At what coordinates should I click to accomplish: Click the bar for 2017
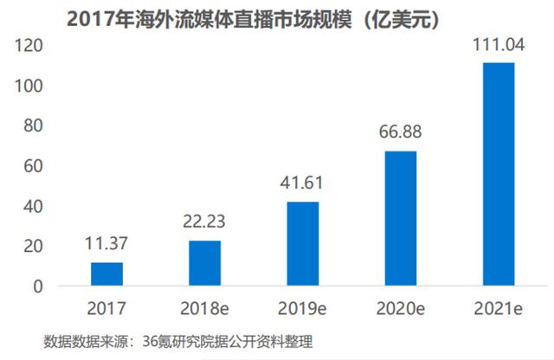(x=106, y=273)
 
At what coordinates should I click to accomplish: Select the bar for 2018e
(x=204, y=263)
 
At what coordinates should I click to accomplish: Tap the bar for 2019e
(x=302, y=243)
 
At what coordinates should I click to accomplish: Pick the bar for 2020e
(x=400, y=218)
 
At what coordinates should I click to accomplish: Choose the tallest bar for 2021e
(x=498, y=174)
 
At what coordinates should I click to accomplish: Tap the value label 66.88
(x=400, y=135)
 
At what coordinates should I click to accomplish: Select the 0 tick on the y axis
(x=36, y=286)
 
